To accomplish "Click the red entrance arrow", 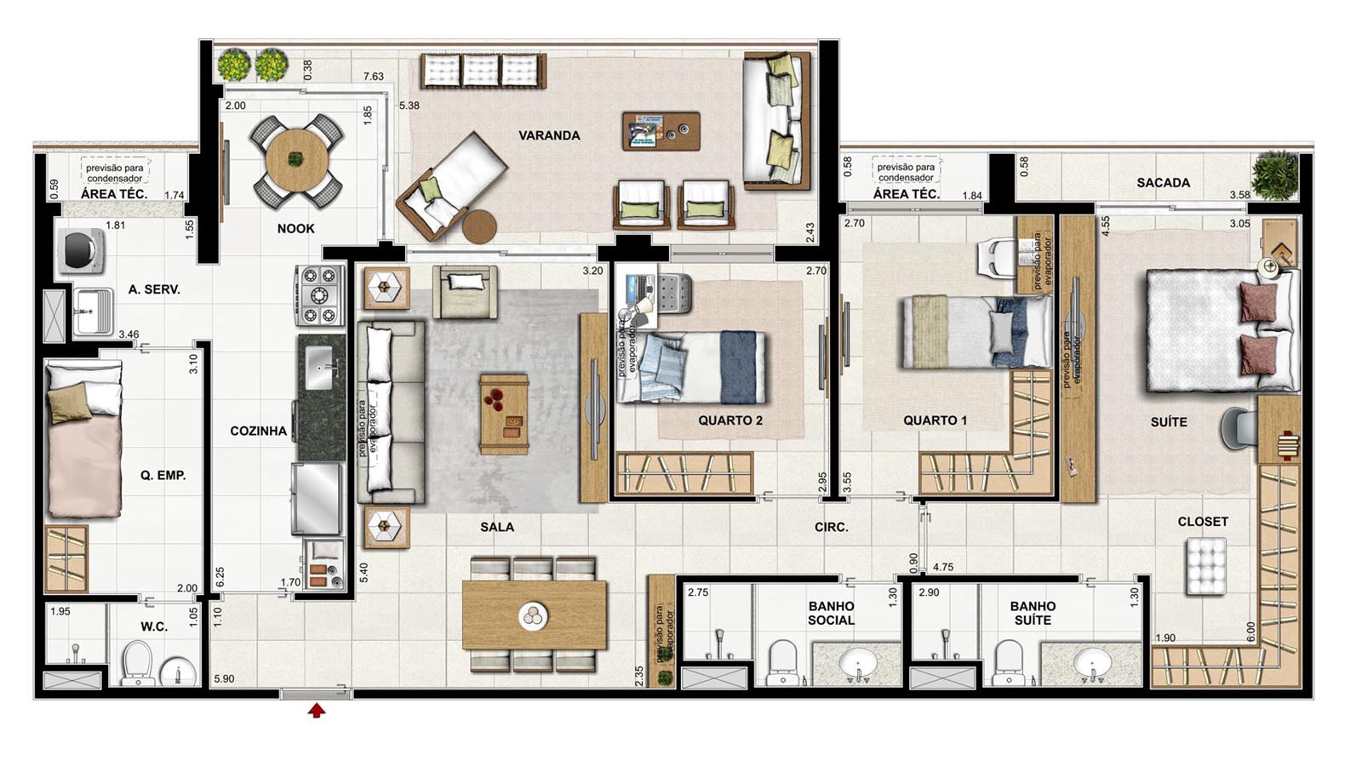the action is point(316,710).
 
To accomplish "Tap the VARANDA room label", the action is point(549,135).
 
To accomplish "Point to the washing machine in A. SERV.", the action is point(81,250).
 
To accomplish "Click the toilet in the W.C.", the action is point(136,663).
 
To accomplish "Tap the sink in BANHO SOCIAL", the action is point(858,662).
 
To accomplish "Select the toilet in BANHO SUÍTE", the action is point(1010,662).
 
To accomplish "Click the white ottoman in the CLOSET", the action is point(1205,567).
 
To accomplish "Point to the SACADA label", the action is point(1163,182).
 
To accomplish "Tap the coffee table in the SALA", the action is point(504,415).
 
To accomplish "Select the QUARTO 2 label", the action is point(730,420).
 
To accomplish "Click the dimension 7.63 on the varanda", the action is point(374,76).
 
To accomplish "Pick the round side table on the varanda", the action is point(480,226).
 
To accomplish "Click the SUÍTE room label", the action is point(1169,422).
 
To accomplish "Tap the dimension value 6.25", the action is point(220,575).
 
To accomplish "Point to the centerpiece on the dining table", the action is point(533,616).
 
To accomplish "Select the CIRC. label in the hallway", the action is point(831,527).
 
